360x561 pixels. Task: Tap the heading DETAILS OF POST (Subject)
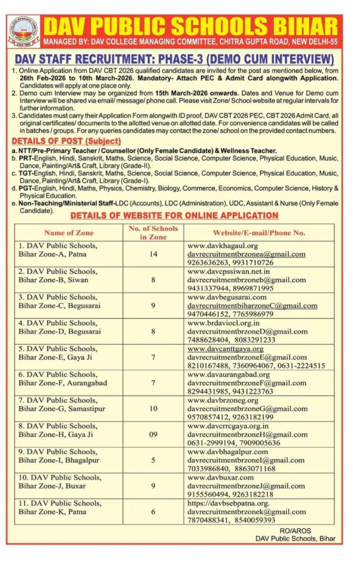coord(66,141)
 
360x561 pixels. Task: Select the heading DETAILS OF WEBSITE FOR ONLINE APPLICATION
coord(174,216)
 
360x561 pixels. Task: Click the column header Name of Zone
coord(69,233)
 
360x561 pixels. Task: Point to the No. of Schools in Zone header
coord(153,233)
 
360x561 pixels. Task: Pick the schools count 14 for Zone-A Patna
coord(153,254)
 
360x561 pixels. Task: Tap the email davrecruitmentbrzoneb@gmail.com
coord(247,280)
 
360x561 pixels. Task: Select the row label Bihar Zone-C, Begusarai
coord(59,305)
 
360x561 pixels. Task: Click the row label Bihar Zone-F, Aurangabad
coord(63,383)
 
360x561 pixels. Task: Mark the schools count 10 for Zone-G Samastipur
coord(153,408)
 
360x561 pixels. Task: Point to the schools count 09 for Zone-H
coord(153,434)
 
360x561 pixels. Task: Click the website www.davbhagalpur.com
coord(227,451)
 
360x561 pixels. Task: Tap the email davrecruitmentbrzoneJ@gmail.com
coord(246,486)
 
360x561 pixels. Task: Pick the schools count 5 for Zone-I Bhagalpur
coord(153,460)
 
